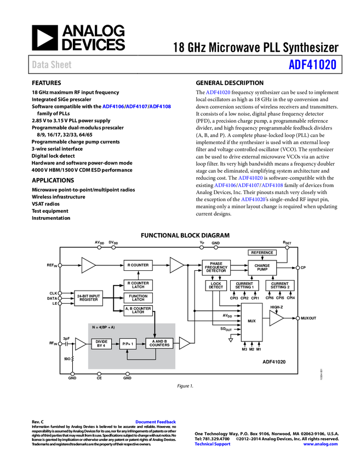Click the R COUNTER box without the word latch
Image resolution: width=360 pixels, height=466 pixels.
(x=138, y=265)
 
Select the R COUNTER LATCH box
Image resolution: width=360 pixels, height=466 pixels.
(x=138, y=286)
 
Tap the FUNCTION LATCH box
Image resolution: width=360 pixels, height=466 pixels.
(x=138, y=298)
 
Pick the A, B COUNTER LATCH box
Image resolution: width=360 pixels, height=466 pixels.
(x=138, y=310)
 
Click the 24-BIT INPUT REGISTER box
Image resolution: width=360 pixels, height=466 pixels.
(x=88, y=298)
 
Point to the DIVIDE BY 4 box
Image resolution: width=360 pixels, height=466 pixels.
(x=101, y=344)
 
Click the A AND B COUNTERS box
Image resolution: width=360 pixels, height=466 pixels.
(x=159, y=344)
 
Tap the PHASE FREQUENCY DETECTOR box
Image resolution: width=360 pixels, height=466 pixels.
(x=216, y=268)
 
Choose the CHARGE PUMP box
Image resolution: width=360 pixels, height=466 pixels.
(x=262, y=268)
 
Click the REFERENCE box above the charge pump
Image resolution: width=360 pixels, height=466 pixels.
(x=262, y=253)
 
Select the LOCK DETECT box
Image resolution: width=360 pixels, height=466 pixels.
(x=216, y=286)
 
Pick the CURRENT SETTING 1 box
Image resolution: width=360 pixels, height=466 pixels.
(x=244, y=286)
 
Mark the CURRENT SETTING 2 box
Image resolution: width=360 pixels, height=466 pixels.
(x=279, y=286)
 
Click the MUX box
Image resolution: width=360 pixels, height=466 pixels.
(x=252, y=322)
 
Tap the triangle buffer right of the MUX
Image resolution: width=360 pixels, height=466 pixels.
(x=276, y=318)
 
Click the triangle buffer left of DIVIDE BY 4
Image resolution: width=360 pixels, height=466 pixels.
(x=80, y=344)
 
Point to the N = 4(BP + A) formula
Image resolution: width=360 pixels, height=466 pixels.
(x=104, y=327)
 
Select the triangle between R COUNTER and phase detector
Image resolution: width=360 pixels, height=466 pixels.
(x=176, y=265)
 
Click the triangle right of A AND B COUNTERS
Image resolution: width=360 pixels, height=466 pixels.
(x=184, y=343)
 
